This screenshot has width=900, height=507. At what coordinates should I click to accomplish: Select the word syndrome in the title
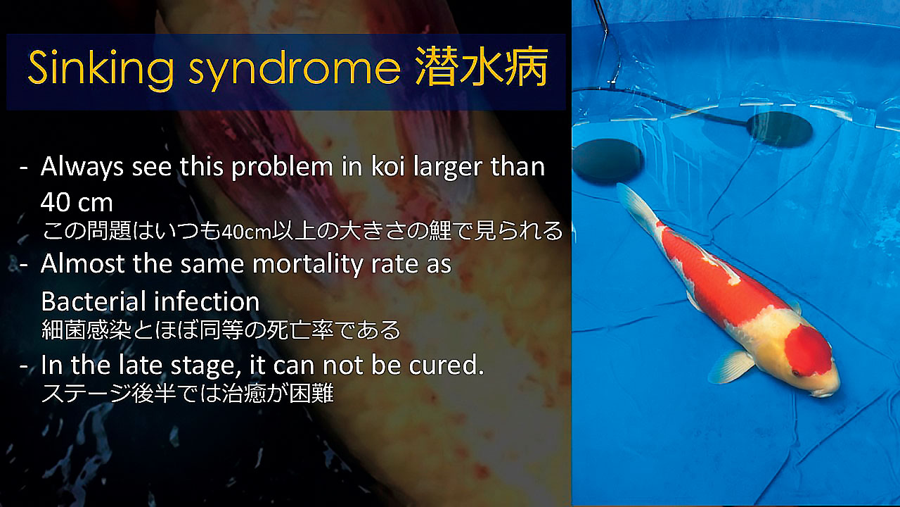[295, 69]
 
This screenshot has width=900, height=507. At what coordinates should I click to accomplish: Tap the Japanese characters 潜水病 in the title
[482, 66]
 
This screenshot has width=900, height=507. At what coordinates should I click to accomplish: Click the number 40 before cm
[56, 202]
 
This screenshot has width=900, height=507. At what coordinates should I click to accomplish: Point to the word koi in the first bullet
[387, 166]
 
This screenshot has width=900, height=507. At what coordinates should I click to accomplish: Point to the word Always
[82, 168]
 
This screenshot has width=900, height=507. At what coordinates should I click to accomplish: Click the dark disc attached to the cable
[779, 129]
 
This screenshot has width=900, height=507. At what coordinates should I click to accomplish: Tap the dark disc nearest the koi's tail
[608, 161]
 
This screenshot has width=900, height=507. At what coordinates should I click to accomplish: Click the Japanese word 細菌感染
[86, 330]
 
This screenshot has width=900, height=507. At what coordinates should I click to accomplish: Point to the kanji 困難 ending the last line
[311, 393]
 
